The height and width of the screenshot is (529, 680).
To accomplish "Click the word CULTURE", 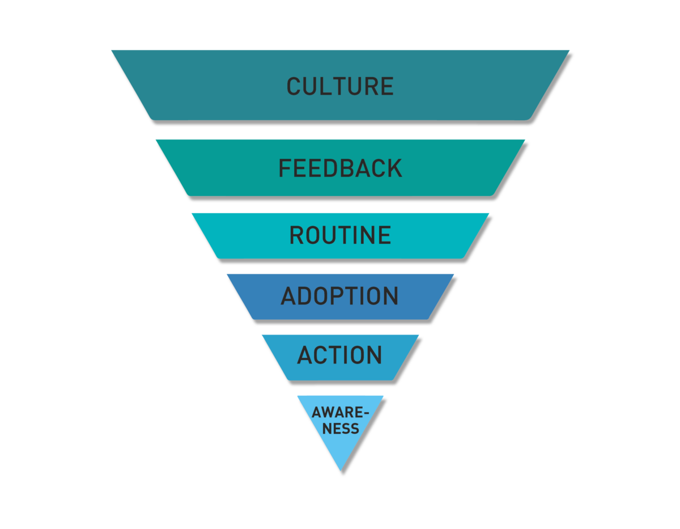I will tap(340, 86).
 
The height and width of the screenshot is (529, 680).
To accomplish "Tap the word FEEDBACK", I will tap(340, 168).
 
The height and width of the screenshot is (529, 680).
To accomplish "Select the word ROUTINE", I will tap(340, 235).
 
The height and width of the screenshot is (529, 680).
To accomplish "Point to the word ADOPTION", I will tap(340, 296).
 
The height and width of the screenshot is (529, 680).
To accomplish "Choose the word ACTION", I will tap(340, 356).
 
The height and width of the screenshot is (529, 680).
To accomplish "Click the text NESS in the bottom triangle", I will tap(341, 429).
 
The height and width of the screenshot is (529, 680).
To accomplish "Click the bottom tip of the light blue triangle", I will tap(340, 470).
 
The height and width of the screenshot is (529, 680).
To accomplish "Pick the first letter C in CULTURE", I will tap(294, 86).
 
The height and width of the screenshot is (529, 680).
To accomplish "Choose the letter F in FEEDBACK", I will tap(286, 168).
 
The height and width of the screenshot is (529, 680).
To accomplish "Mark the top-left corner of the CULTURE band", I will tap(112, 51).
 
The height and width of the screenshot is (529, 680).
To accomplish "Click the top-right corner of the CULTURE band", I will tap(569, 51).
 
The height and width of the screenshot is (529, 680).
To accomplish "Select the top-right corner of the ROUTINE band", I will tap(488, 214).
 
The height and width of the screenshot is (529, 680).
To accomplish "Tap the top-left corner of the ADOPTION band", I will tap(227, 274).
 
